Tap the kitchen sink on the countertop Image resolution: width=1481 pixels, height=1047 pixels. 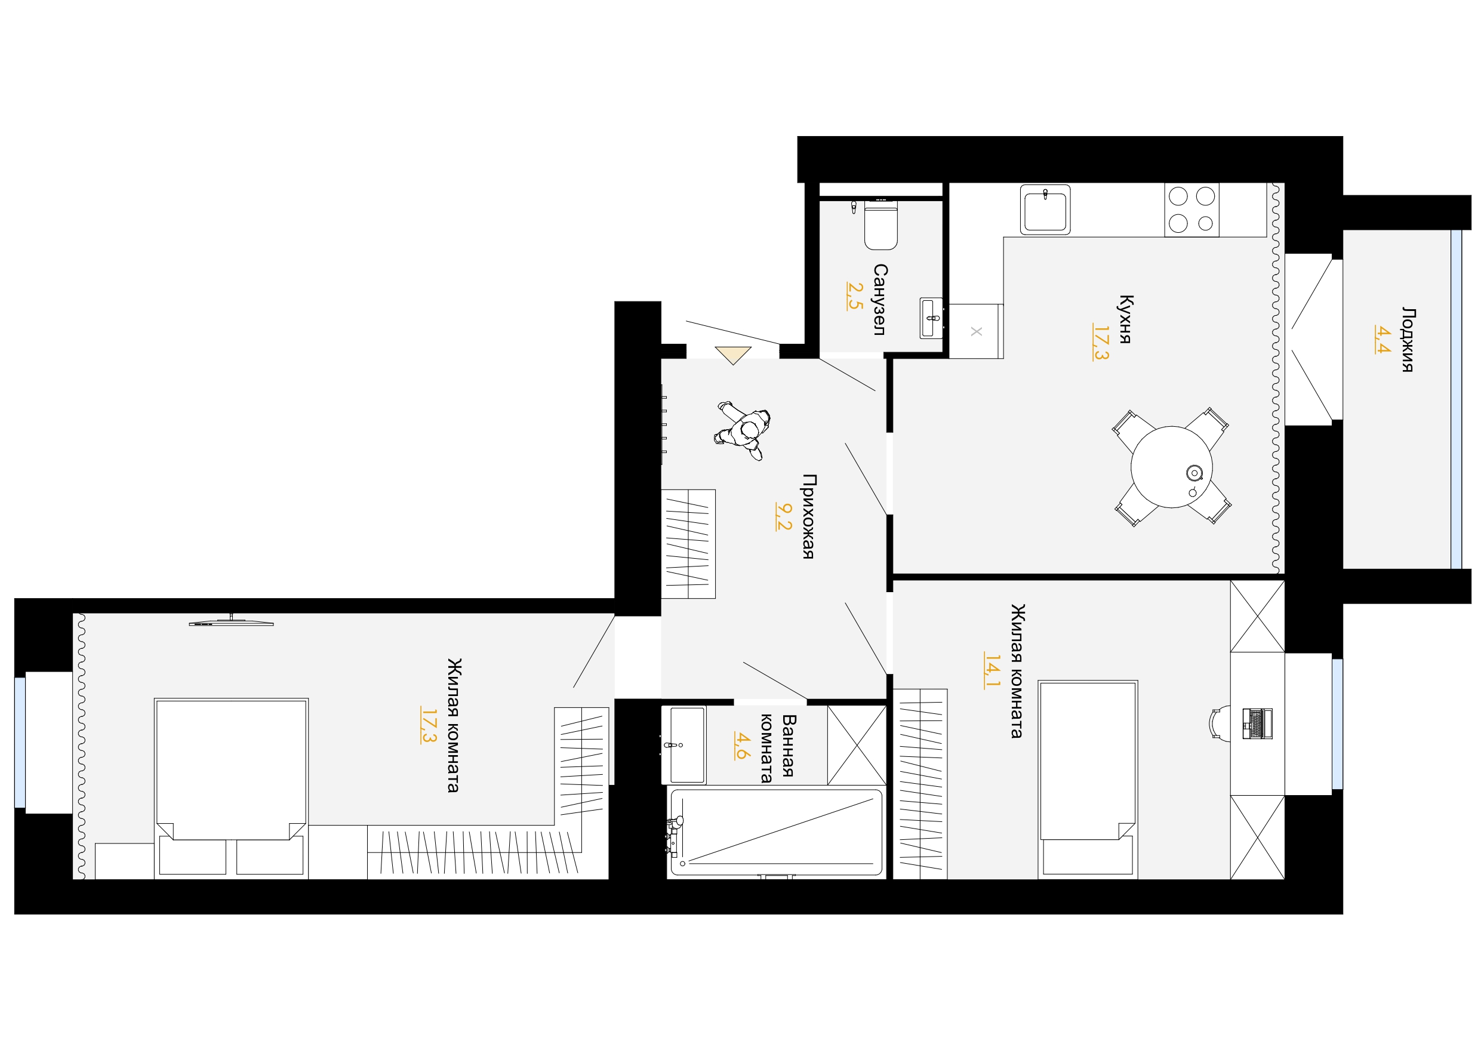pos(1045,210)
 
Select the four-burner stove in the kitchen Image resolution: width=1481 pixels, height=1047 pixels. pos(1191,210)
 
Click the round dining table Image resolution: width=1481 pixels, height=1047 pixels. pos(1171,466)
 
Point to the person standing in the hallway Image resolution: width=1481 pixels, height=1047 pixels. pos(743,430)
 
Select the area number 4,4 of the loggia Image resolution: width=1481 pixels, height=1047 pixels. pos(1383,339)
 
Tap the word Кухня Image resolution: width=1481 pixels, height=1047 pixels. pos(1126,319)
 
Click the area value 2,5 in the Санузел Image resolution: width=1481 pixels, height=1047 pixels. pos(855,295)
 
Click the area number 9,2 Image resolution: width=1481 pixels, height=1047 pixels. pos(783,516)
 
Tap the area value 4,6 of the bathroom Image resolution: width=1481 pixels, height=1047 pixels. pos(743,746)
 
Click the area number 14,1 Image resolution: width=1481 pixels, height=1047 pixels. pos(992,671)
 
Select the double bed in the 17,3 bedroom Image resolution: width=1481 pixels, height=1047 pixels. pos(231,789)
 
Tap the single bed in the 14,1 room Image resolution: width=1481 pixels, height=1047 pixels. pos(1088,780)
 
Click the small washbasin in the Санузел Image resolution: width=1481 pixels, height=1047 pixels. pos(931,318)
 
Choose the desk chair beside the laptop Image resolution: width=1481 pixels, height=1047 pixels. pos(1219,723)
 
